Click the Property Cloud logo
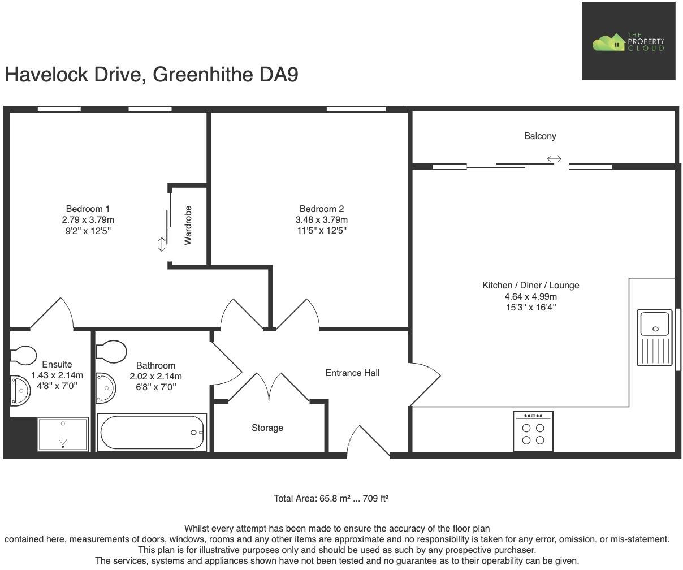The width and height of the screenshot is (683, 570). (x=628, y=42)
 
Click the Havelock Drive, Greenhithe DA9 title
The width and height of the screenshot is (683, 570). (x=152, y=75)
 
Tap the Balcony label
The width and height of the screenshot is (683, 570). (x=539, y=136)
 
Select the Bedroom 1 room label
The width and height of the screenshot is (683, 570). (x=88, y=209)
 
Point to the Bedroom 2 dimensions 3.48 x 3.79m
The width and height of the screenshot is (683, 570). (x=321, y=219)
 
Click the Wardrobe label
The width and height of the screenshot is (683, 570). (x=188, y=225)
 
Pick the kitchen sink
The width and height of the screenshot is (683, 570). (x=655, y=337)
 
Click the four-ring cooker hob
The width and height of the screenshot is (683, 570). (x=533, y=432)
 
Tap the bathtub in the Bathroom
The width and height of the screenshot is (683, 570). (x=152, y=433)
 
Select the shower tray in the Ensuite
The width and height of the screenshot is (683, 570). (x=63, y=434)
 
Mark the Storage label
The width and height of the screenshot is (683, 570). (x=267, y=428)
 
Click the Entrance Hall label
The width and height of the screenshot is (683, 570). (x=352, y=373)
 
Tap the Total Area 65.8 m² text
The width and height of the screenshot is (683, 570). (x=331, y=499)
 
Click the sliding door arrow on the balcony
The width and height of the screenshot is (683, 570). (x=554, y=159)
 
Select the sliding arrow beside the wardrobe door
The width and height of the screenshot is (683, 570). (x=162, y=244)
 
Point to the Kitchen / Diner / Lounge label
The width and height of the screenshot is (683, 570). (x=530, y=286)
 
